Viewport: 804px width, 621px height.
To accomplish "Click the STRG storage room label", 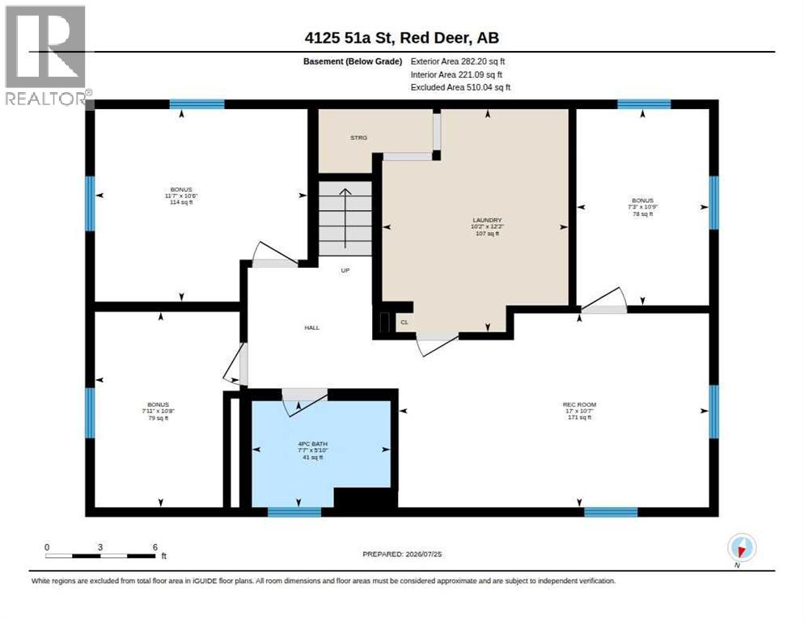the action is (x=358, y=138).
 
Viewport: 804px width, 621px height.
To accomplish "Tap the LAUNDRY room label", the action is (x=487, y=220).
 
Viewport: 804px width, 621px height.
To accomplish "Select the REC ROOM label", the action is (x=579, y=404).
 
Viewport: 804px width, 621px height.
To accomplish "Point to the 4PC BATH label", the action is (x=313, y=444).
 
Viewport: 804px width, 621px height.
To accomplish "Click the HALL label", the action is (x=311, y=327).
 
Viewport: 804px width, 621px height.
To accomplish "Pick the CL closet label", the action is (x=404, y=322).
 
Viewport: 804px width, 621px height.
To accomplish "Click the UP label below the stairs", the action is (x=345, y=270).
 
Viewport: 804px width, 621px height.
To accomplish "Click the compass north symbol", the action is (x=742, y=548).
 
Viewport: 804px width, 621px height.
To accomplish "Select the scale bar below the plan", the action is (x=100, y=556).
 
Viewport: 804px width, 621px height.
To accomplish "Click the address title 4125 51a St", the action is (x=349, y=38).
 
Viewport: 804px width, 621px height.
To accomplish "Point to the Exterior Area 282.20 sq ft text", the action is (x=457, y=61).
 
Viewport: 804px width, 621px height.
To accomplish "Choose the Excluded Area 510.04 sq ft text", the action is (x=460, y=87).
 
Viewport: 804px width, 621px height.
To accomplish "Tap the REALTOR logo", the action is (x=46, y=55).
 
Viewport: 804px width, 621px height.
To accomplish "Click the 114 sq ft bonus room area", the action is (x=181, y=203).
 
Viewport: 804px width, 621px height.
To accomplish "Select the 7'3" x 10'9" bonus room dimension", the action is (x=642, y=207).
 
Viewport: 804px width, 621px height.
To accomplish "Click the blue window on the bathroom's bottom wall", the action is (x=294, y=512).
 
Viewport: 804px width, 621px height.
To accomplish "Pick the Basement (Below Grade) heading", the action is (x=353, y=61).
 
